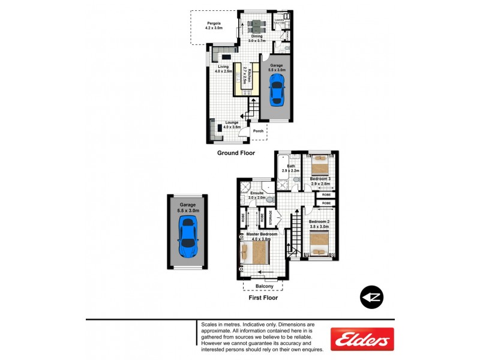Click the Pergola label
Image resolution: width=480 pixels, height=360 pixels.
pos(214,25)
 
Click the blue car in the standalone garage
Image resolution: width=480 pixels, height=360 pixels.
pos(188,237)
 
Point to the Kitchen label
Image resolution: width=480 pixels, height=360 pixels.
pos(254,74)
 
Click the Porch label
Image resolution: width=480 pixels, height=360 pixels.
pos(259,131)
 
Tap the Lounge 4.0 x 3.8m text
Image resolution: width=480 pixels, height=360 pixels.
pos(232,125)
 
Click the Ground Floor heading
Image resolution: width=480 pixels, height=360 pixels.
pos(236,153)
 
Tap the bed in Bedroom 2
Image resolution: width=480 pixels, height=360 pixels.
pos(319,243)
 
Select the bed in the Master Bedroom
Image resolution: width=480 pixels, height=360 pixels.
pos(254,252)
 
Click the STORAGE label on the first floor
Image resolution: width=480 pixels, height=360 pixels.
pos(271,217)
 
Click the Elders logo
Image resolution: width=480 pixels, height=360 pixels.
pos(362,339)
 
